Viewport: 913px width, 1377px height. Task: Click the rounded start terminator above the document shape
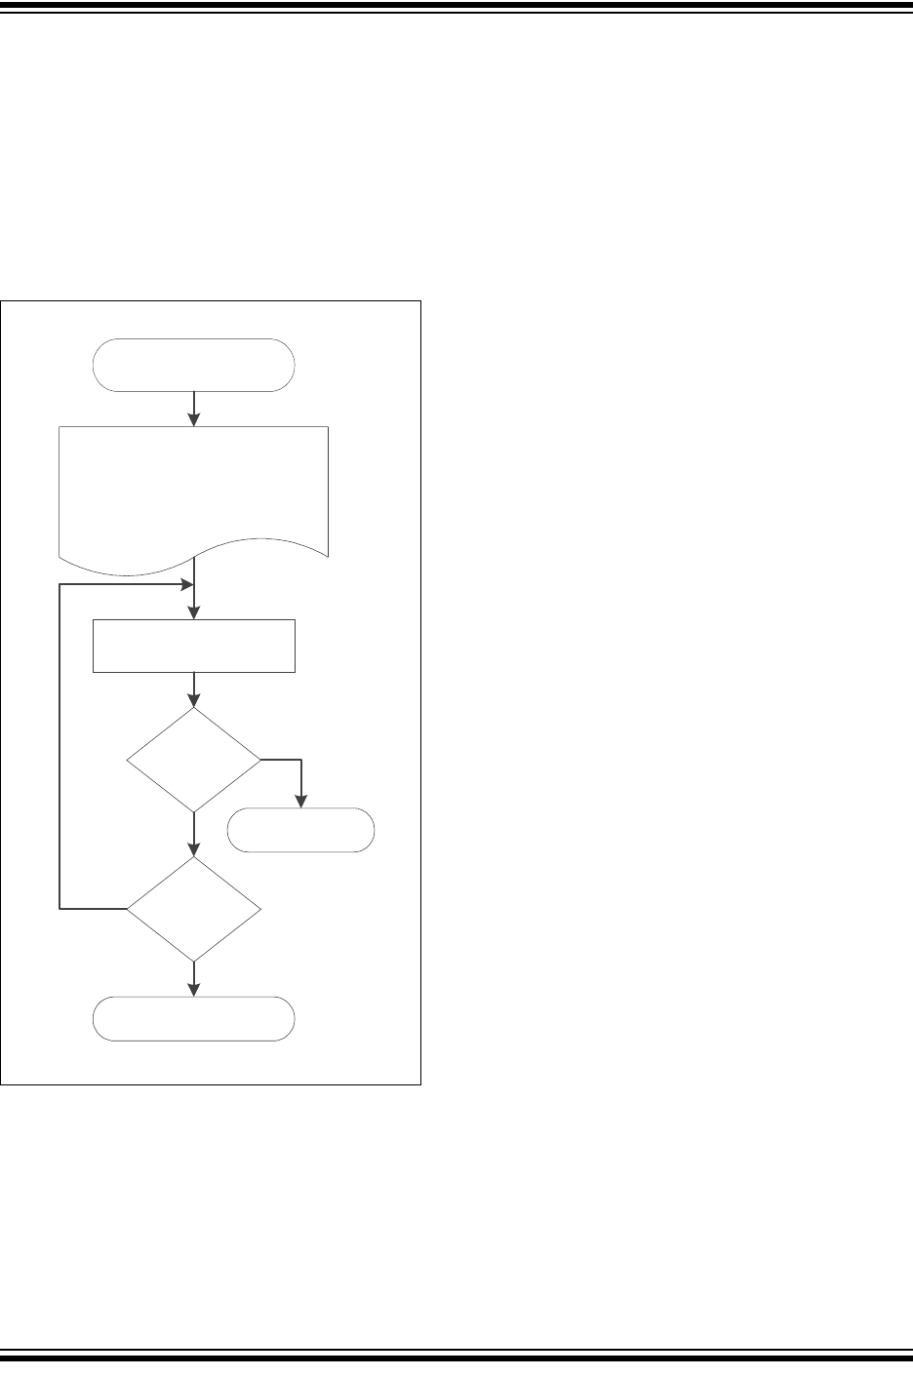[193, 365]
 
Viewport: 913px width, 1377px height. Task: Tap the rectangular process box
[193, 645]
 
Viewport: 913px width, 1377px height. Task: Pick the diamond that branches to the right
[194, 760]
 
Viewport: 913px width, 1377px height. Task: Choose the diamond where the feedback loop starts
[194, 909]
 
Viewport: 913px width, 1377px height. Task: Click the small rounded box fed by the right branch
[300, 831]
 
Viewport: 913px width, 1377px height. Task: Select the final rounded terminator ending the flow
[193, 1019]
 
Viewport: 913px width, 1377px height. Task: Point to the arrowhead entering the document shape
[194, 419]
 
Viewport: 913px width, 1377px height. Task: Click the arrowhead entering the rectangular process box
[194, 611]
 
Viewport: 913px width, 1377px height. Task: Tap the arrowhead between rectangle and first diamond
[194, 700]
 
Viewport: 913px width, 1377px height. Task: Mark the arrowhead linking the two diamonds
[194, 849]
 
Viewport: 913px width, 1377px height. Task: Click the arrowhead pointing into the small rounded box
[300, 802]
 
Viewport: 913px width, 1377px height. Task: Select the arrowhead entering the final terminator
[194, 990]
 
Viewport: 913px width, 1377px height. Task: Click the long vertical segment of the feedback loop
[60, 746]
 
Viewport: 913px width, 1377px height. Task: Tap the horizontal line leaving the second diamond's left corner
[93, 909]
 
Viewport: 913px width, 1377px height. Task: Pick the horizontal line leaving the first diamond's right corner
[281, 760]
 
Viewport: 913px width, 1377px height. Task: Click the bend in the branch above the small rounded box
[300, 760]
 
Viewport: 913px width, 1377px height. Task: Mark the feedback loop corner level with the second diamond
[60, 909]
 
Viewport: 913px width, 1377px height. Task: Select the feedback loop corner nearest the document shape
[60, 585]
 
